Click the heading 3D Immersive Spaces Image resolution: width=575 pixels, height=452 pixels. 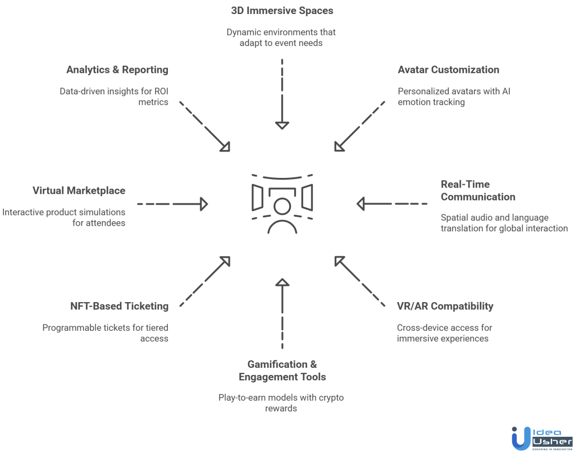282,11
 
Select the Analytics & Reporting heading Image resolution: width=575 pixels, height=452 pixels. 117,70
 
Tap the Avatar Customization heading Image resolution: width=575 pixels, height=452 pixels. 448,70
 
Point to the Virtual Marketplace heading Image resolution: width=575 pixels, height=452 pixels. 79,190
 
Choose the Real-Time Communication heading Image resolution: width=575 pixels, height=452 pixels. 477,190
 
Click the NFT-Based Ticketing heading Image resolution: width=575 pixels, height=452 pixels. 119,306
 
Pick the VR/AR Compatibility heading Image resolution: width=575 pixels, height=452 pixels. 445,306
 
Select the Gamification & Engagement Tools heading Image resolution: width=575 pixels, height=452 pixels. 282,371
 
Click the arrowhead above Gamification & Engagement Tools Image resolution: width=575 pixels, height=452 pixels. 282,282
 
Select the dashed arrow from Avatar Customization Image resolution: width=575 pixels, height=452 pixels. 359,126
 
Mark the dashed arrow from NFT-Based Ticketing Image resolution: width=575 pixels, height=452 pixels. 203,281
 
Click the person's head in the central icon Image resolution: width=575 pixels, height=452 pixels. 282,207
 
